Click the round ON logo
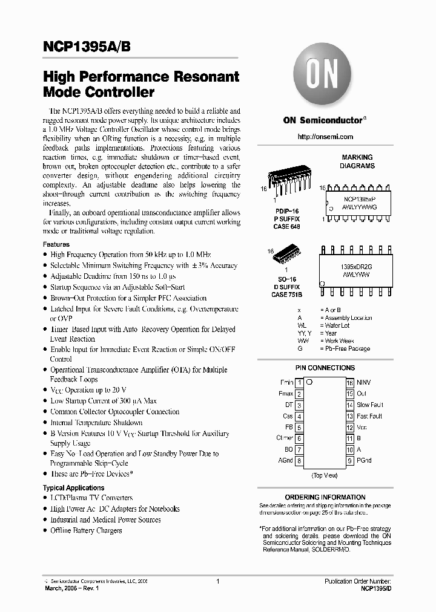click(x=325, y=77)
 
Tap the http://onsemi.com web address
click(x=325, y=137)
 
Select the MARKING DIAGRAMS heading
click(x=357, y=161)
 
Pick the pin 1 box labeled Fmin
click(x=299, y=383)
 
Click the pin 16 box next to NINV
click(x=349, y=383)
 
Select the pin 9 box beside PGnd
click(x=349, y=460)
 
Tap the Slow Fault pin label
click(x=370, y=405)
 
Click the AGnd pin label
click(x=285, y=460)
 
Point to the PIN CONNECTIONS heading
click(x=325, y=368)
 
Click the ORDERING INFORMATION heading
click(x=325, y=497)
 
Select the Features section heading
click(x=56, y=244)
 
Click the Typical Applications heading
click(x=73, y=487)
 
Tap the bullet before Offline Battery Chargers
click(x=45, y=531)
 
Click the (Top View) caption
click(x=324, y=476)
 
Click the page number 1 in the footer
click(x=217, y=581)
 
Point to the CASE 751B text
click(x=286, y=295)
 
